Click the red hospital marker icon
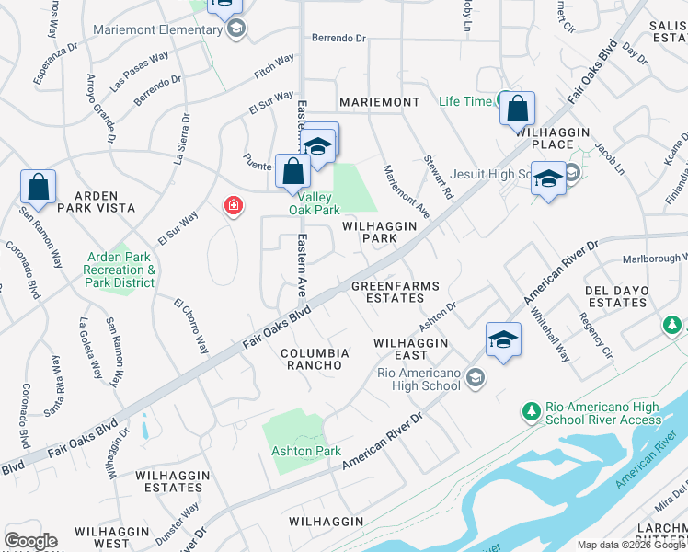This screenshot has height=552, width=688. [x=234, y=206]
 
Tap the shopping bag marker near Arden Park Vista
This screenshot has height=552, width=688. [x=39, y=187]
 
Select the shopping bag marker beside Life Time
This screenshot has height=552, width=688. [x=518, y=109]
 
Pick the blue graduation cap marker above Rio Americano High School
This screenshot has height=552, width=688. [x=503, y=340]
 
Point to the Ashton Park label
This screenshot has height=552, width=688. [x=306, y=451]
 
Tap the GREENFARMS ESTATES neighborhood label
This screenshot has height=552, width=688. [x=396, y=292]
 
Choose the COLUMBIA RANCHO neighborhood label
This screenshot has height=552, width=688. [x=315, y=359]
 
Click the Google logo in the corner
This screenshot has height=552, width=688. [x=30, y=541]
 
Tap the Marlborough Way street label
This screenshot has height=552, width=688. [x=653, y=259]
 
